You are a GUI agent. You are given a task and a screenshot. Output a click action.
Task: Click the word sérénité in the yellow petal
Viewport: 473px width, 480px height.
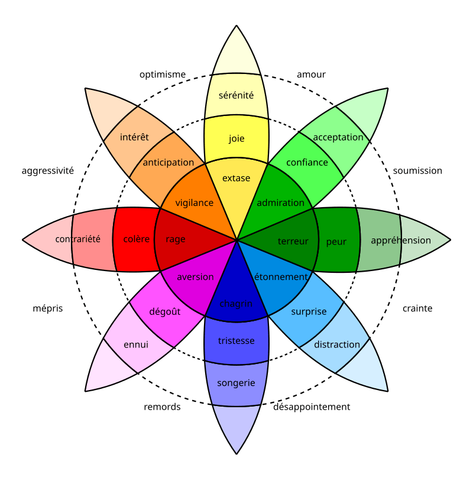pos(236,95)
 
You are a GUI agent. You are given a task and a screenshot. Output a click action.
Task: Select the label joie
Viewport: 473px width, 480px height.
pos(237,138)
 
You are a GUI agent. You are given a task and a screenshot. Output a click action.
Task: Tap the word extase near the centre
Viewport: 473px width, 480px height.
pos(236,178)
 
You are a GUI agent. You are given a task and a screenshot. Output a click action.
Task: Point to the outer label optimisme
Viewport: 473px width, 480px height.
pos(163,75)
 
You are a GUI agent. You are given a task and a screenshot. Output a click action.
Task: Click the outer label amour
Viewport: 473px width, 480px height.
pos(311,75)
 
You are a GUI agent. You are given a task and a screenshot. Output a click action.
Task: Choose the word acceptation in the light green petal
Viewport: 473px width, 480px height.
pos(338,137)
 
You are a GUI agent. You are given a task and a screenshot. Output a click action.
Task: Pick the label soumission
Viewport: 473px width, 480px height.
pos(417,170)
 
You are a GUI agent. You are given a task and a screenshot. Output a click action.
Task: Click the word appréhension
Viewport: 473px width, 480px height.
pos(401,240)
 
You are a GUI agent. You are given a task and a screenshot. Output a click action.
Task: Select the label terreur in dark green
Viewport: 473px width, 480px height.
pos(293,241)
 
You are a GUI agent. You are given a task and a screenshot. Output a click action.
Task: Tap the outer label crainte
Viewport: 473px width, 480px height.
pos(417,308)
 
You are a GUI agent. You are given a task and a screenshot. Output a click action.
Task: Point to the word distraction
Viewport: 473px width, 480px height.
pos(337,344)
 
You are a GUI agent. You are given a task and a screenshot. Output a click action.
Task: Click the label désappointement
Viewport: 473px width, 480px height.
pos(312,407)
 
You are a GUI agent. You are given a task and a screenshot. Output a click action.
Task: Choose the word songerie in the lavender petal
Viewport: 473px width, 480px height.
pos(236,383)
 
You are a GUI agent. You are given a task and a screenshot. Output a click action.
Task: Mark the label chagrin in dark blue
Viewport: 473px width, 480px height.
pos(236,304)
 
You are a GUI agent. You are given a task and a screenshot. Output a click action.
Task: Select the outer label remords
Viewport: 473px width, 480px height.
pos(162,407)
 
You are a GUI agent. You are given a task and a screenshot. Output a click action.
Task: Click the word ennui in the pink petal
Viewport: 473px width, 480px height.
pos(136,344)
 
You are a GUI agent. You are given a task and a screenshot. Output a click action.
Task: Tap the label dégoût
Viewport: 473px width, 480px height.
pos(165,311)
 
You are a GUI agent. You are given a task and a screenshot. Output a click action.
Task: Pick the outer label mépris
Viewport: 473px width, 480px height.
pos(48,308)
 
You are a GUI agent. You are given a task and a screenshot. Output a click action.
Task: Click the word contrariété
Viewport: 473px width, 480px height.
pos(77,239)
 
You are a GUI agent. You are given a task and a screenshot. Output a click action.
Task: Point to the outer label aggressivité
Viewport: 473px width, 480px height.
pos(48,170)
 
